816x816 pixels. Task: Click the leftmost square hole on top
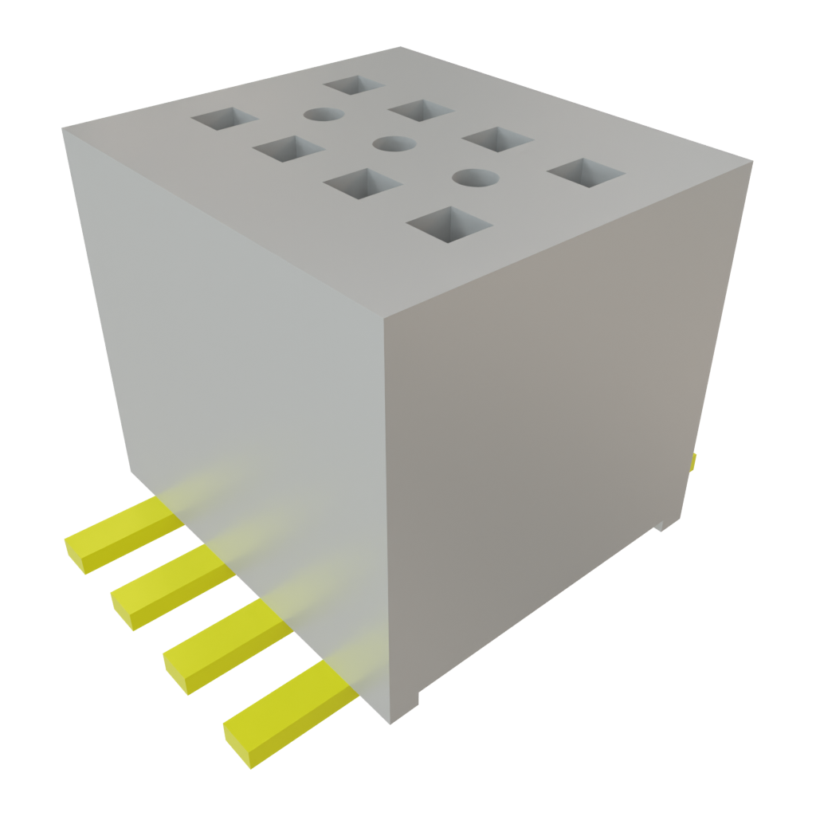[224, 120]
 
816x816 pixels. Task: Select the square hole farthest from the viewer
[354, 85]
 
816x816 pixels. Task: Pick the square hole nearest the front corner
[449, 224]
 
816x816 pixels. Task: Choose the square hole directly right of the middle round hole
[497, 139]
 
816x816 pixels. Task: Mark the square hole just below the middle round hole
[362, 182]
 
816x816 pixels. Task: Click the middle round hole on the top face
[394, 144]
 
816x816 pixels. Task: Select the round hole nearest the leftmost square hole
[324, 115]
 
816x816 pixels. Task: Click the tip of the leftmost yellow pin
[73, 555]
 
